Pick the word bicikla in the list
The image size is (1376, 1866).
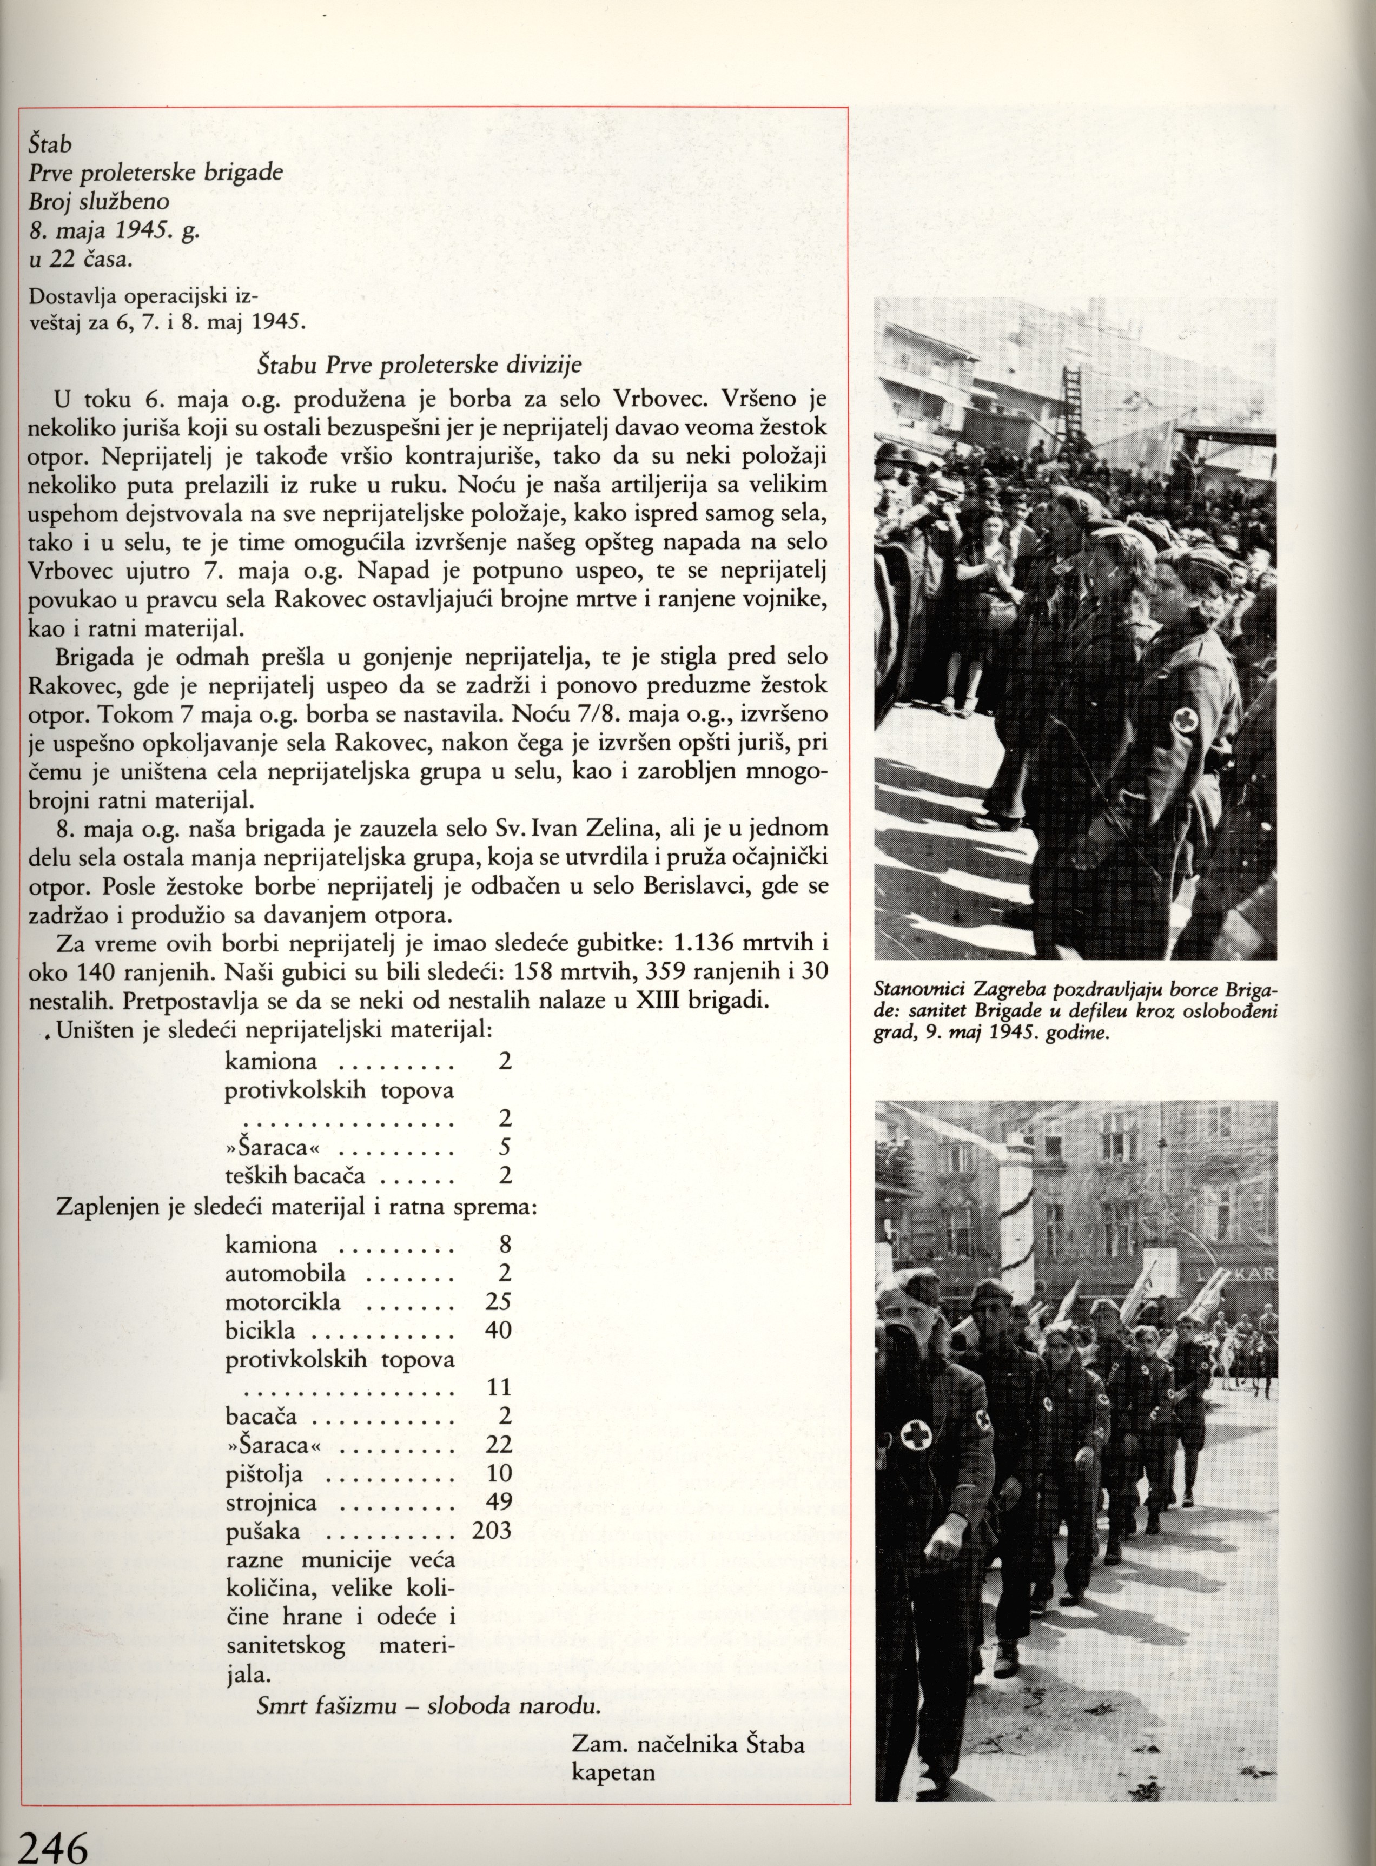[259, 1330]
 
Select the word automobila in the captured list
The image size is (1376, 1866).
[286, 1273]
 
